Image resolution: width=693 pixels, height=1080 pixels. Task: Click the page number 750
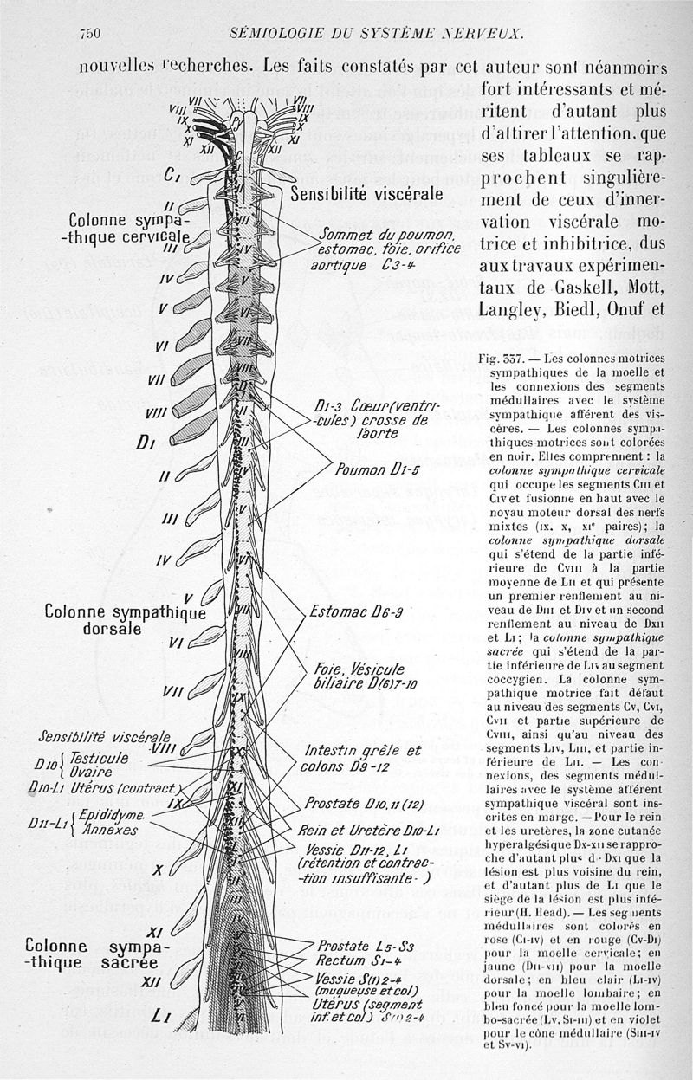pos(90,34)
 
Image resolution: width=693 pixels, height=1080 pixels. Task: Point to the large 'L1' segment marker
pos(159,1016)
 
